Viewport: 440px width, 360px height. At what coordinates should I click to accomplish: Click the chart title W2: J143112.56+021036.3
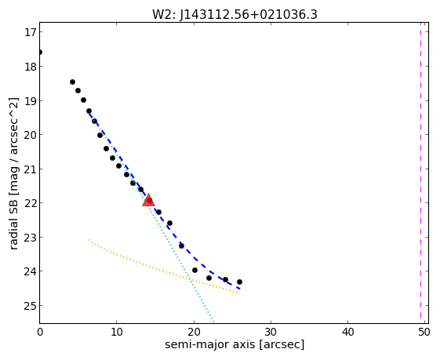(235, 14)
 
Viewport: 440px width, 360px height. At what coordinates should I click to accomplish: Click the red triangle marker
(148, 200)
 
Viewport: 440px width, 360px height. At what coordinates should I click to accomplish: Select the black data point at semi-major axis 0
(39, 53)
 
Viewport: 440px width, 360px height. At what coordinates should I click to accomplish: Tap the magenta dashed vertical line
(420, 169)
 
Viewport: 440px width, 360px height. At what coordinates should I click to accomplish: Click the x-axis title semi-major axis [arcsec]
(235, 344)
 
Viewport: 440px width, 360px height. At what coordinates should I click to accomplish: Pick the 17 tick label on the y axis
(30, 32)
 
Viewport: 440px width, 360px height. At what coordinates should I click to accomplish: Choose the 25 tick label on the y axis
(30, 306)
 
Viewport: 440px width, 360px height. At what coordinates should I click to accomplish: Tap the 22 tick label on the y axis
(30, 203)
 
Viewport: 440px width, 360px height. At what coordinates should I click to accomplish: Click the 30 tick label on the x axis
(271, 333)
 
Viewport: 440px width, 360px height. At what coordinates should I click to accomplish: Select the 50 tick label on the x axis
(424, 333)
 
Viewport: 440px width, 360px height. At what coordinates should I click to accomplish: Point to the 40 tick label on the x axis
(348, 333)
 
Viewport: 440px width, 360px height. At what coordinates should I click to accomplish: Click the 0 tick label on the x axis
(40, 333)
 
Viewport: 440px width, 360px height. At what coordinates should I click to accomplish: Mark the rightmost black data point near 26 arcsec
(239, 282)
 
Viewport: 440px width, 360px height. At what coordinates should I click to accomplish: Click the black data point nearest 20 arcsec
(195, 271)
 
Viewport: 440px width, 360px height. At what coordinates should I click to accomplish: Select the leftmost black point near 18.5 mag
(72, 82)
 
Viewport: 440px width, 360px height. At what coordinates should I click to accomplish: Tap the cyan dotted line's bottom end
(213, 322)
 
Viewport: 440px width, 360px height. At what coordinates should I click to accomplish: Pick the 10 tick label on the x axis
(117, 333)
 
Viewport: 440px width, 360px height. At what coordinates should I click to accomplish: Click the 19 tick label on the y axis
(30, 100)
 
